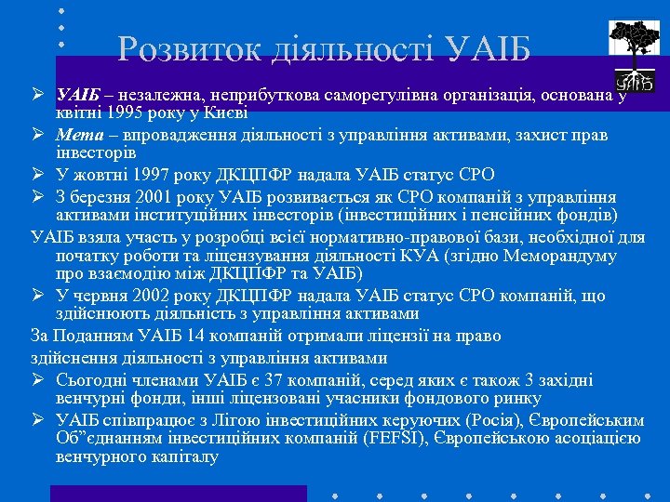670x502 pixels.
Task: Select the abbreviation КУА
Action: point(419,256)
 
